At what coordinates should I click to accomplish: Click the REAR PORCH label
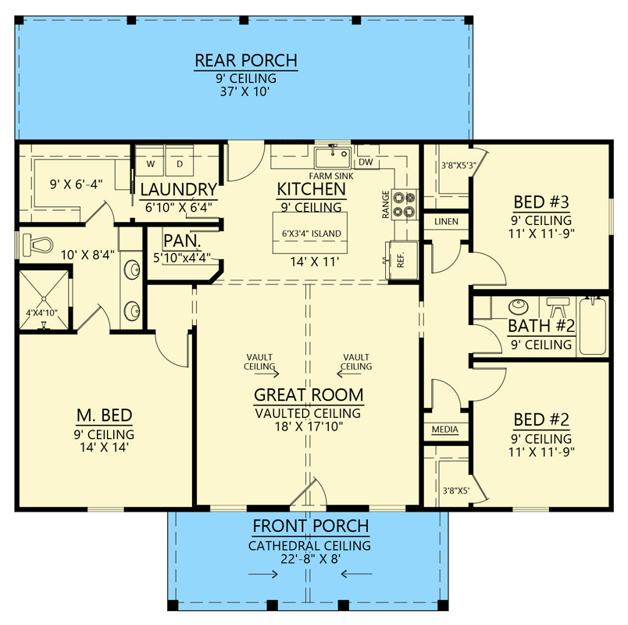click(245, 61)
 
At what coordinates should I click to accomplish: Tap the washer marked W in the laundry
click(152, 164)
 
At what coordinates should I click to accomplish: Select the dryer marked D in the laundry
click(178, 164)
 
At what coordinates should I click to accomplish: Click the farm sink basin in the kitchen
click(332, 158)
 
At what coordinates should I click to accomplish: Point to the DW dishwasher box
click(365, 162)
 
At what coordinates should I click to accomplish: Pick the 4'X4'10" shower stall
click(44, 299)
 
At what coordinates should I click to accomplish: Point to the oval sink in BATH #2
click(517, 305)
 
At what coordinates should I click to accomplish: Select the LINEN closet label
click(446, 222)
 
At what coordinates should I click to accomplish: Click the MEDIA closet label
click(445, 430)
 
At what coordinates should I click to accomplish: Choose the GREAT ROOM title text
click(308, 395)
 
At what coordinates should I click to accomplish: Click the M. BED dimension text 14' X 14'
click(104, 448)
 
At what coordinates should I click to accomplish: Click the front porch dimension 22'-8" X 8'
click(309, 559)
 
